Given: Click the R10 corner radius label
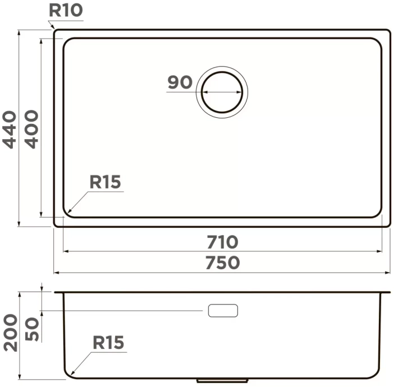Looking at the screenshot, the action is point(66,10).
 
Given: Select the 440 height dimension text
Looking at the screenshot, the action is point(10,130).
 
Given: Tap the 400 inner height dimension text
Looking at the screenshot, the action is point(31,130).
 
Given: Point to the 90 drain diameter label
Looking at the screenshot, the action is point(180,82).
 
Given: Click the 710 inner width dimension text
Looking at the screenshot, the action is point(222,242).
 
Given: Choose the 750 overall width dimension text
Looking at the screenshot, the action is point(223,262).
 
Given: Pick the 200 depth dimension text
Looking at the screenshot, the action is point(11,333).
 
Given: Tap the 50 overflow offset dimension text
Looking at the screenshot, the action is point(32,329).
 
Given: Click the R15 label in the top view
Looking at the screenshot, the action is point(106,182).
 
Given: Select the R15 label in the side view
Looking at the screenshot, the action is point(108,342).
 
